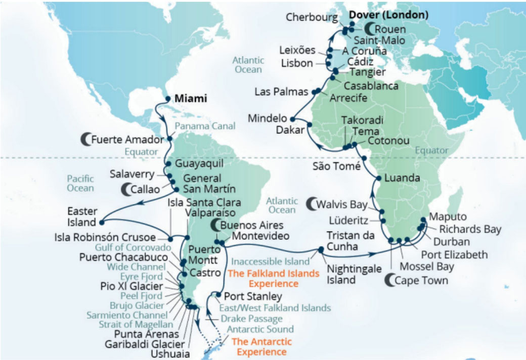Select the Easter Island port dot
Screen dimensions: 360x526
coord(102,222)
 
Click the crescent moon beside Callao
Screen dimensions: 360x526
coord(125,190)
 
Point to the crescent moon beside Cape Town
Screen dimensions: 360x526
coord(391,279)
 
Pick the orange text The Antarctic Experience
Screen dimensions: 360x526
coord(259,347)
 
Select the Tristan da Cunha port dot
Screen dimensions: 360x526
coord(321,249)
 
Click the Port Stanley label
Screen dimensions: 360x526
coord(252,296)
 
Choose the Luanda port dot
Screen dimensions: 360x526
coord(377,178)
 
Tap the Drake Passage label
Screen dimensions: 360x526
coord(251,319)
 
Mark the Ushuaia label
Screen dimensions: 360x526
coord(173,354)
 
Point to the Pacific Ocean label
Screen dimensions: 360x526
coord(80,183)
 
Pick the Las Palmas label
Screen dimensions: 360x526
coord(282,92)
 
